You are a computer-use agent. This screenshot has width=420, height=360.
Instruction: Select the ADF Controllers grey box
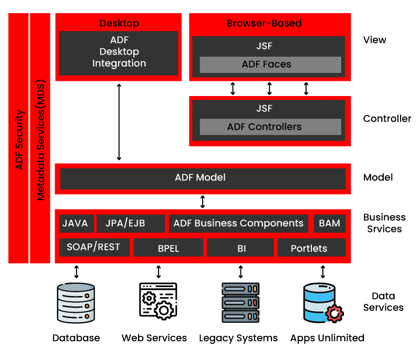point(270,126)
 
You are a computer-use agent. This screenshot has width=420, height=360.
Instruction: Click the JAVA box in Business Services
point(76,223)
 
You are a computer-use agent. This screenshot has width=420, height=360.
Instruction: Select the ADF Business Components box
point(238,223)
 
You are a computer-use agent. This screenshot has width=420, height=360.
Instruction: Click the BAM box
point(330,223)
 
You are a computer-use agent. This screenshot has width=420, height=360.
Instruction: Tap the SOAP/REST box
point(94,247)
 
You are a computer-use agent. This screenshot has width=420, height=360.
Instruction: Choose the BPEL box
point(169,248)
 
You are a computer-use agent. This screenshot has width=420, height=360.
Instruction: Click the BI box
point(240,248)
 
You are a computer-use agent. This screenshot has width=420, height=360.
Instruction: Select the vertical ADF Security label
point(19,139)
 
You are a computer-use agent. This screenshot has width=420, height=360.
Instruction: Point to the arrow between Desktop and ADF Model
point(119,122)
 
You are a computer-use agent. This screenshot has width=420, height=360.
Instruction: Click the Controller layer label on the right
point(387,119)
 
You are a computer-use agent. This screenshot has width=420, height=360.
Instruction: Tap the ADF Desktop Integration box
point(119,52)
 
